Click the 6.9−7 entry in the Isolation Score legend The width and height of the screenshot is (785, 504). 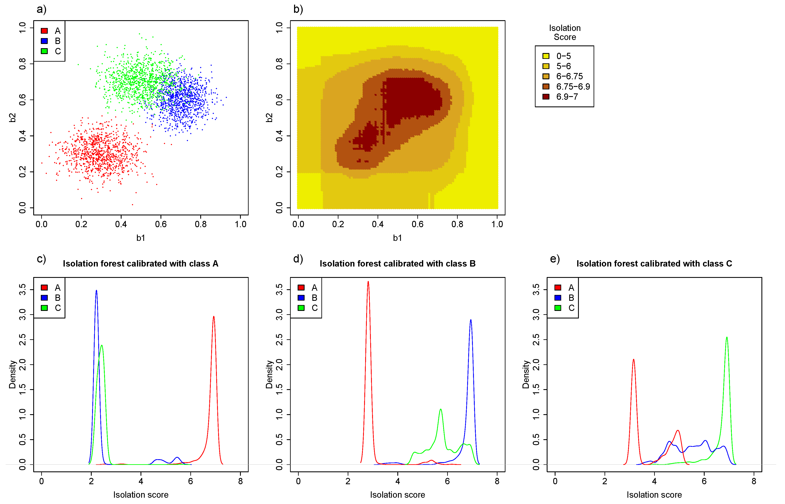[567, 97]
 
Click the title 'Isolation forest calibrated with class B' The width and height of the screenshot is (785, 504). [397, 263]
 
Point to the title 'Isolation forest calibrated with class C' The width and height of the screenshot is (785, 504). [654, 263]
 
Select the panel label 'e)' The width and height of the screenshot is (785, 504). [555, 259]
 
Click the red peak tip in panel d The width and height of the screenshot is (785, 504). [368, 282]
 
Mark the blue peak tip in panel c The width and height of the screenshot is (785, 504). [96, 291]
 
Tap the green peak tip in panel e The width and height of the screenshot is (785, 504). [727, 337]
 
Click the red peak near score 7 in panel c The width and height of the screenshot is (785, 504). [214, 317]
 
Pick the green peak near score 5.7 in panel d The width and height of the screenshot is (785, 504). [441, 409]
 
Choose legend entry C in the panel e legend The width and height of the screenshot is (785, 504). [571, 308]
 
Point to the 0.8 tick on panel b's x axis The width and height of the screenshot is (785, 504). [457, 224]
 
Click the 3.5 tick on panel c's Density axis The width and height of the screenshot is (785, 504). [22, 290]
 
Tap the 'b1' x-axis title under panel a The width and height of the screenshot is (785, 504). [141, 238]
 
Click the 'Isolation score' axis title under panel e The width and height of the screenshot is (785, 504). [654, 495]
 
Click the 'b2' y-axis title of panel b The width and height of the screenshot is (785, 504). [269, 118]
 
